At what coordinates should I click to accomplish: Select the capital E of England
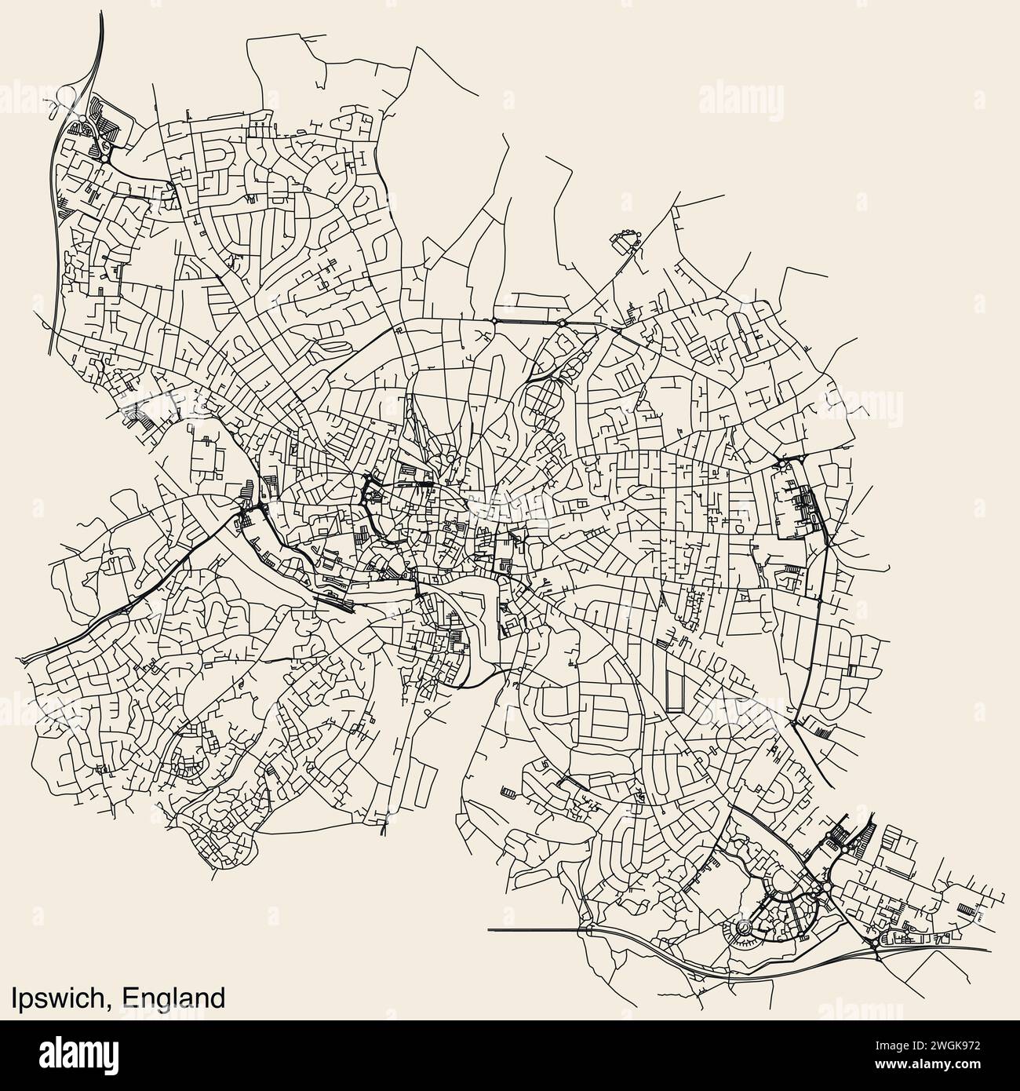coord(130,998)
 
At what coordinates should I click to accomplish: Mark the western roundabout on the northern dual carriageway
coord(495,321)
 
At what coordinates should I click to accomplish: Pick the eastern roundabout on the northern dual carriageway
coord(562,322)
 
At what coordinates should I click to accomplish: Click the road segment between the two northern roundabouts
coord(528,322)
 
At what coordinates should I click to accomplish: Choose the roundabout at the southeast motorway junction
coord(876,943)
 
